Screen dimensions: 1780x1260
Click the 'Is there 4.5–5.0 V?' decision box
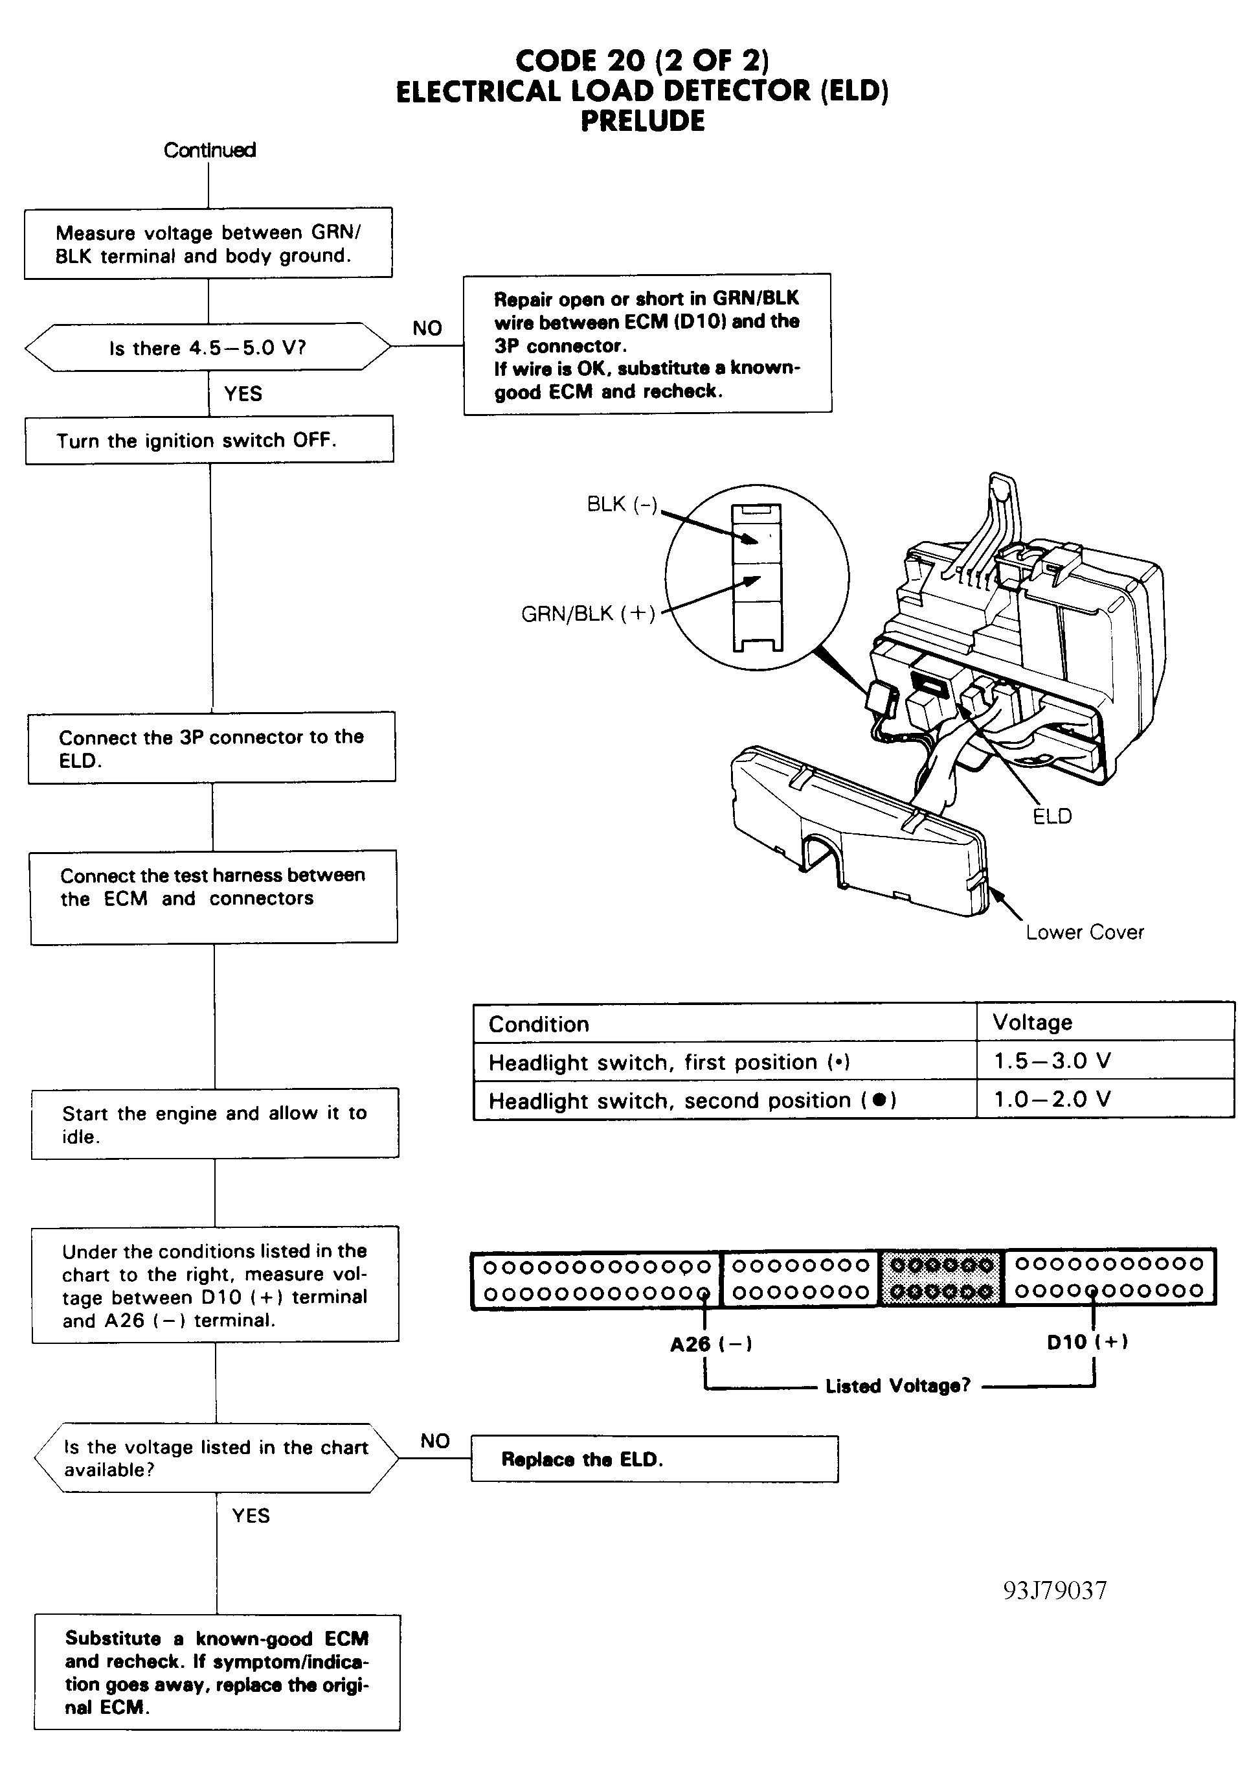pyautogui.click(x=208, y=347)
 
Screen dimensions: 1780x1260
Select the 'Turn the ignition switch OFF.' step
pyautogui.click(x=208, y=440)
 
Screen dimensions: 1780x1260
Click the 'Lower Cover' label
pyautogui.click(x=1084, y=932)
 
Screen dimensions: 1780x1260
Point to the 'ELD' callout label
pyautogui.click(x=1052, y=816)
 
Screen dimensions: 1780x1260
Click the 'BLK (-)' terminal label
pyautogui.click(x=622, y=505)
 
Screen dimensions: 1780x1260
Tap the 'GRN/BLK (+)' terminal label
pyautogui.click(x=588, y=614)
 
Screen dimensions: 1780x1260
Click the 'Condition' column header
pyautogui.click(x=539, y=1024)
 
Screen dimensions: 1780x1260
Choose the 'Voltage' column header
pyautogui.click(x=1032, y=1023)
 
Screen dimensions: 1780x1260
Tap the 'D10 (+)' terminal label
pyautogui.click(x=1086, y=1342)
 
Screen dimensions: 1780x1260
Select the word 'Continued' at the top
pyautogui.click(x=210, y=150)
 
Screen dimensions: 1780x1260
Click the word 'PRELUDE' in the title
pyautogui.click(x=642, y=121)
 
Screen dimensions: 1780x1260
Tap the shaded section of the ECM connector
pyautogui.click(x=941, y=1278)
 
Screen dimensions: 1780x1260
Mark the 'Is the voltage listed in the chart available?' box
pyautogui.click(x=216, y=1458)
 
